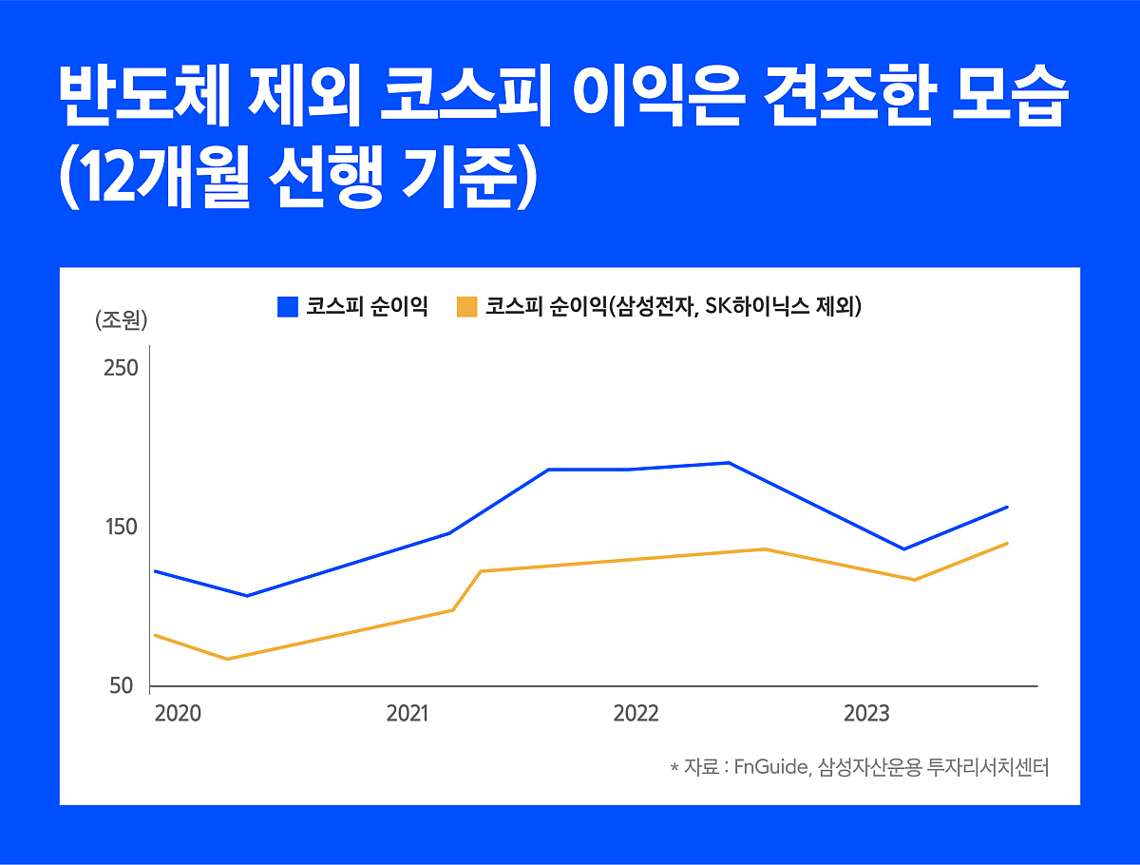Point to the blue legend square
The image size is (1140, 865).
point(288,307)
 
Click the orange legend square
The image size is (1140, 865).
point(466,307)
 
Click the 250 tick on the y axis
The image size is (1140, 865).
point(121,368)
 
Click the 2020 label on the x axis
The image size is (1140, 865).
point(177,714)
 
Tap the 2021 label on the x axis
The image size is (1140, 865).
point(407,714)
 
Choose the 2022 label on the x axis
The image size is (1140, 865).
point(636,714)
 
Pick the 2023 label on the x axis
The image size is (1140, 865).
point(866,714)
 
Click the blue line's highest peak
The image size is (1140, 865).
point(728,463)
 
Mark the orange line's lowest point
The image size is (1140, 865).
point(227,659)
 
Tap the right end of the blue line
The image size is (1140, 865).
point(1007,507)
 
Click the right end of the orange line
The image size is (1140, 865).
point(1007,543)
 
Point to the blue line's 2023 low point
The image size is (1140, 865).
point(903,548)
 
